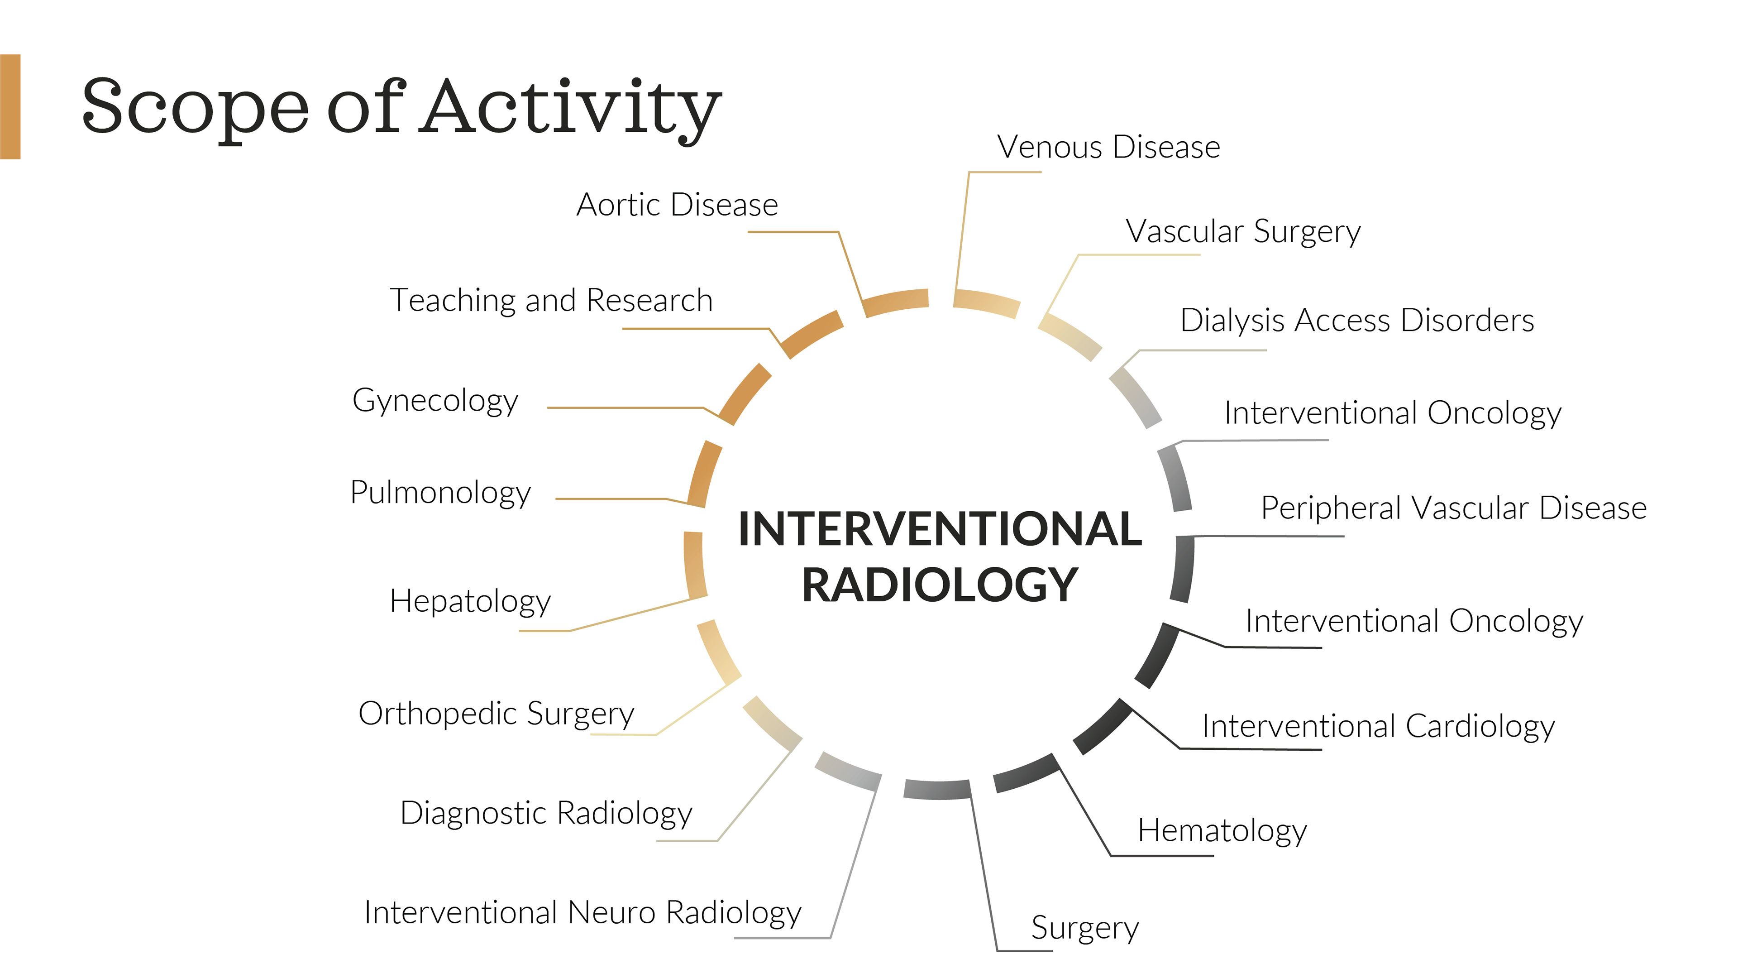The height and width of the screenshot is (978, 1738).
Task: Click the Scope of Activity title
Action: tap(401, 108)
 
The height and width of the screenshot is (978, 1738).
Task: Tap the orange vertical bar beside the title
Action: tap(10, 107)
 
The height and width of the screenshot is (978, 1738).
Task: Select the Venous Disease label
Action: tap(1108, 147)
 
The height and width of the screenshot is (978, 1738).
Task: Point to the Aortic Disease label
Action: tap(677, 205)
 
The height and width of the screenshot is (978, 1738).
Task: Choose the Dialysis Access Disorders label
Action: tap(1357, 321)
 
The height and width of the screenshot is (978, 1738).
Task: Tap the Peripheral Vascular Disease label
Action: tap(1454, 508)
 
